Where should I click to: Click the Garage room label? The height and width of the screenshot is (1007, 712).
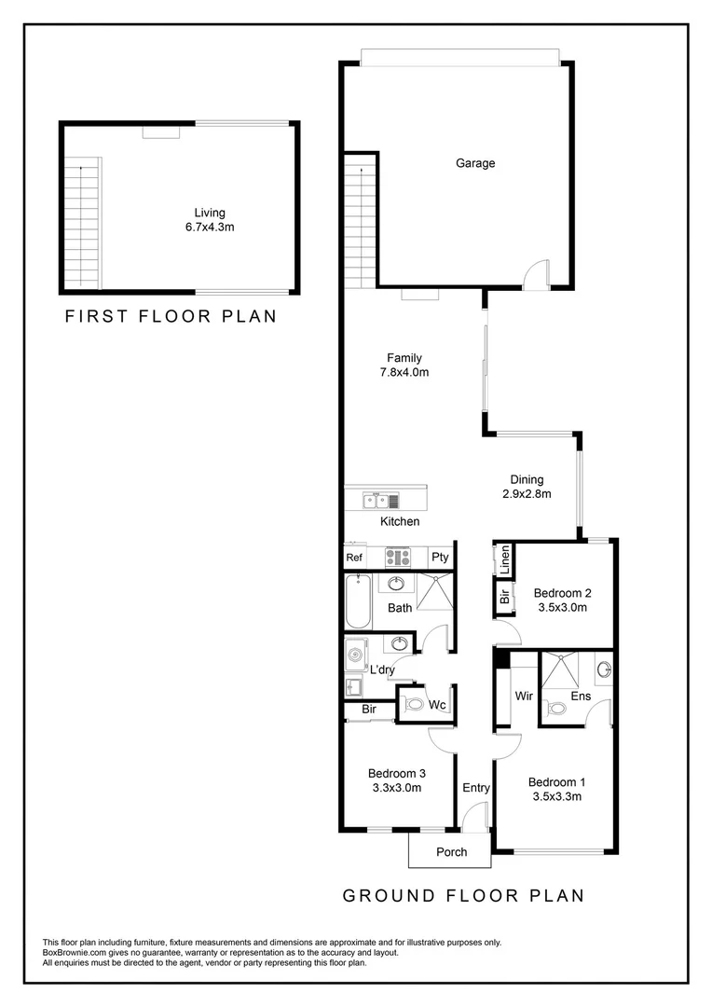click(475, 163)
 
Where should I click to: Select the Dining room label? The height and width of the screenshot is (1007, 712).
click(527, 480)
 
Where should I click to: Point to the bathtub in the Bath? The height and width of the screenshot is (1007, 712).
click(357, 602)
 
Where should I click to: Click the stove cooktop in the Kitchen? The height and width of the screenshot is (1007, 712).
click(398, 558)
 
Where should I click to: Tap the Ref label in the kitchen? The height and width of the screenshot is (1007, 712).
click(354, 558)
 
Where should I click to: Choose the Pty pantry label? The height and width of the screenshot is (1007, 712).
click(440, 558)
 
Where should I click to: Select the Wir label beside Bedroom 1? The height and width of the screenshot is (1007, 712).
click(523, 696)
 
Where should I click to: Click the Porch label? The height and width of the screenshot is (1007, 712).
click(451, 851)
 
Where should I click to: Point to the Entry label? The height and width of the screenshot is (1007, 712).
click(476, 788)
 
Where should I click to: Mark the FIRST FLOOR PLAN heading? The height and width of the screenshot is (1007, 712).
click(171, 316)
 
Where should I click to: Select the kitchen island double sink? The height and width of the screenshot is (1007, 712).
click(377, 501)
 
